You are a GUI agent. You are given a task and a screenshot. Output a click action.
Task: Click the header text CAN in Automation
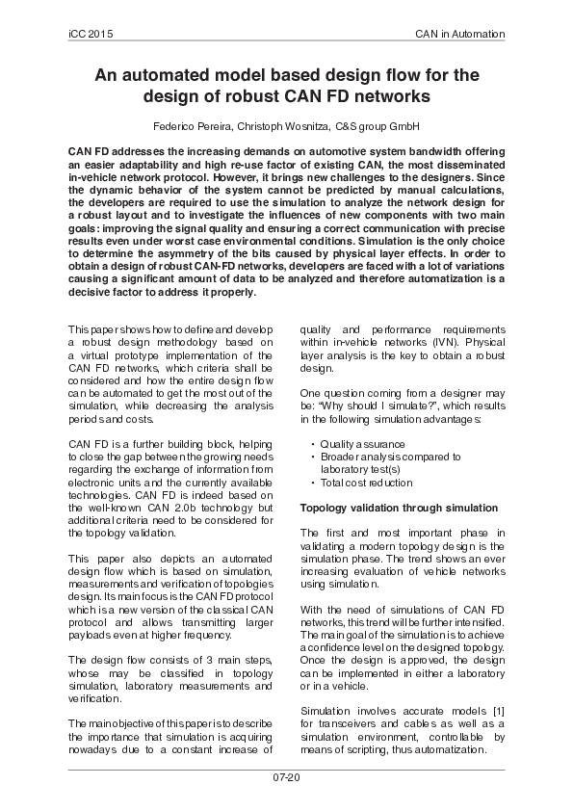(459, 34)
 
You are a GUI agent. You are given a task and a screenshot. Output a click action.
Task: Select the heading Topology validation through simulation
(400, 507)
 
